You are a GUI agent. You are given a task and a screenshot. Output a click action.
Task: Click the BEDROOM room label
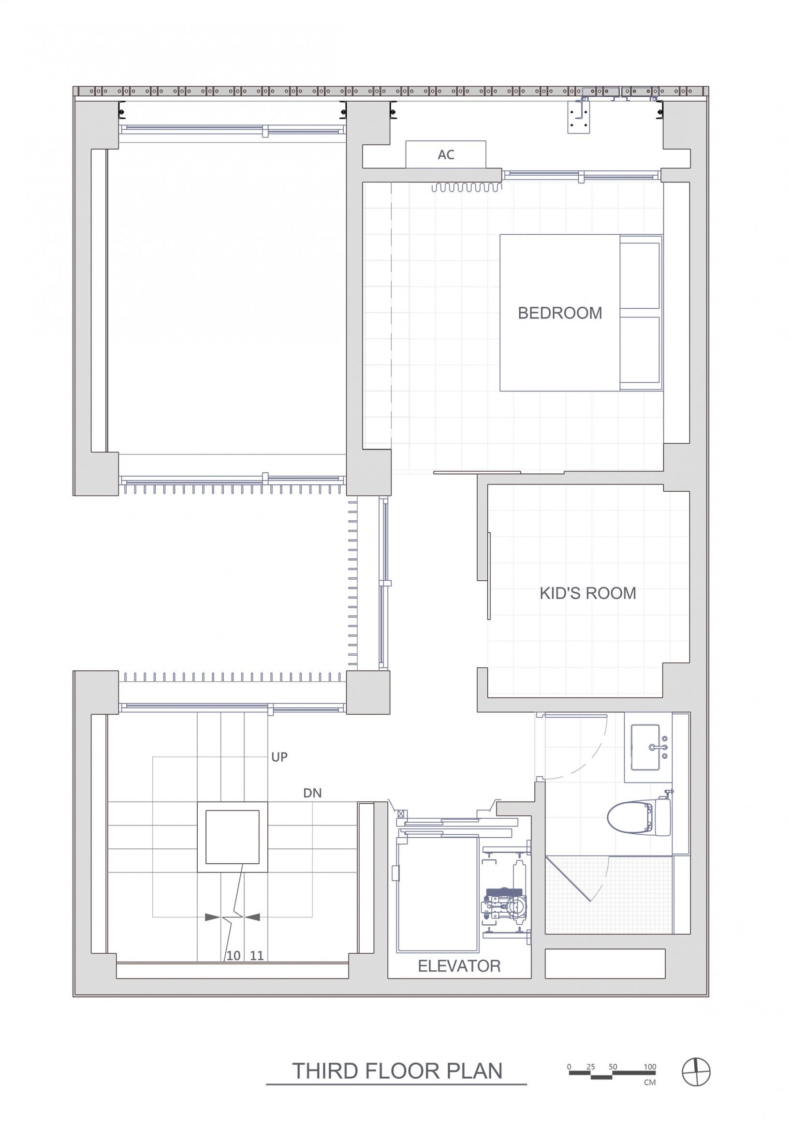(559, 313)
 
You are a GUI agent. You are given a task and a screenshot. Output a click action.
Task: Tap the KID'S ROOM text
(588, 593)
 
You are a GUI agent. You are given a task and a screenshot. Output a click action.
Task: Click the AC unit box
(446, 154)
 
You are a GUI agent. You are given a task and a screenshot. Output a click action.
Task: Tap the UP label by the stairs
(279, 757)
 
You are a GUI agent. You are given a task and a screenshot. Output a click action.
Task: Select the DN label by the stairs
(312, 793)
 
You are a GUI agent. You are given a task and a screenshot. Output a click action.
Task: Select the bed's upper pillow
(640, 276)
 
